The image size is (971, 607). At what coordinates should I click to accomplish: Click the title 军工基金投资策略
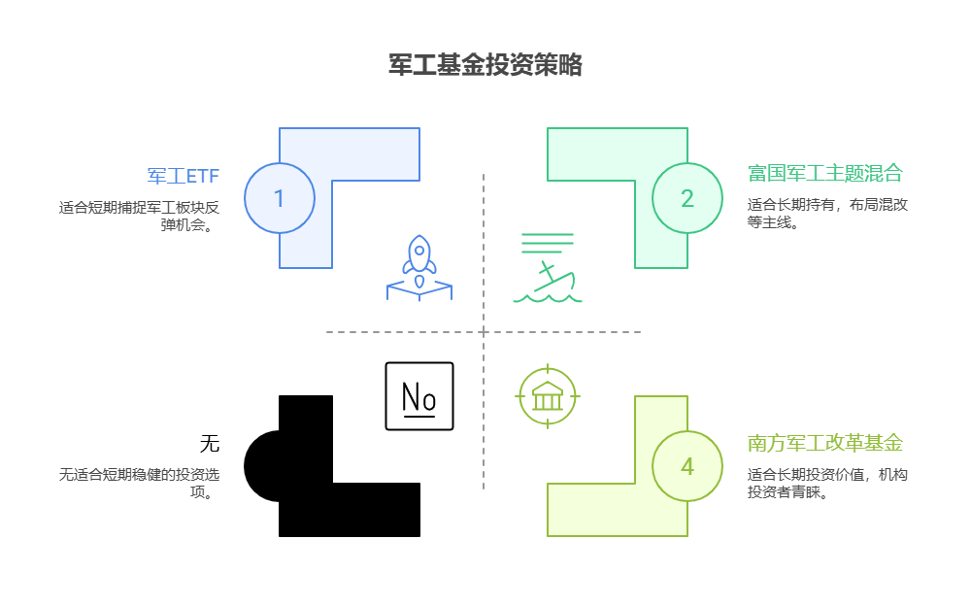[x=485, y=65]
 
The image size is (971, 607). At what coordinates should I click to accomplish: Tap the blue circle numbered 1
[x=280, y=198]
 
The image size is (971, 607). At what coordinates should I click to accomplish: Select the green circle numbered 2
[x=687, y=198]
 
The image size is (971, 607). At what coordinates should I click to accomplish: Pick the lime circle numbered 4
[x=687, y=466]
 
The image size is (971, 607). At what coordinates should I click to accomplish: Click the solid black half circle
[x=262, y=466]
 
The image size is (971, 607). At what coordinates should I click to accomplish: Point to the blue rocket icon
[x=419, y=268]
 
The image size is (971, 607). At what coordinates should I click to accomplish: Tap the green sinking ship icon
[x=548, y=268]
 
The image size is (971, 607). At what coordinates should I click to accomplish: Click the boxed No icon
[x=419, y=396]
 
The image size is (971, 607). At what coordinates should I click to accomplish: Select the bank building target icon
[x=548, y=396]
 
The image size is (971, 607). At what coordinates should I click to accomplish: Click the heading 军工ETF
[x=184, y=176]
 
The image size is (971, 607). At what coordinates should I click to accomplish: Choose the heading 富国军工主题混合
[x=824, y=173]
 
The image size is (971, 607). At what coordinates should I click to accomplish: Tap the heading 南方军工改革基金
[x=824, y=443]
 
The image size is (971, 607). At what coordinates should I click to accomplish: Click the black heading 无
[x=210, y=444]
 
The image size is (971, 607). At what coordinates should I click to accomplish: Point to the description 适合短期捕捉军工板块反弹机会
[x=139, y=216]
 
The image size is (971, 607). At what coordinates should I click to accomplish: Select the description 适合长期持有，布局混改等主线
[x=827, y=213]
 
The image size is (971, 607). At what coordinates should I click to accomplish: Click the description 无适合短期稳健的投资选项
[x=139, y=483]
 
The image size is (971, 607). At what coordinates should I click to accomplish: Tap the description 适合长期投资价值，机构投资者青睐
[x=827, y=483]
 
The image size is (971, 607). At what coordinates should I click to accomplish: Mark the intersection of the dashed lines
[x=484, y=332]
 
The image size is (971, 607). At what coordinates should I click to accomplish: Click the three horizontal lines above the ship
[x=548, y=243]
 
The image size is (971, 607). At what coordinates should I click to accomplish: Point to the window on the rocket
[x=419, y=251]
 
